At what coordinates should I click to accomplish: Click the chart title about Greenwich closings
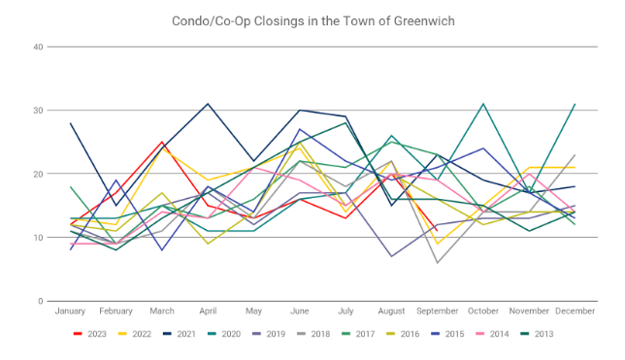(x=312, y=20)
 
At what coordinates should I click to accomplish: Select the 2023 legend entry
(x=90, y=334)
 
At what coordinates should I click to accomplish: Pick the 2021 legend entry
(x=180, y=334)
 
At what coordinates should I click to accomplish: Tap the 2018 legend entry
(x=313, y=334)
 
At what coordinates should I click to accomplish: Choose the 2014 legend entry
(x=492, y=334)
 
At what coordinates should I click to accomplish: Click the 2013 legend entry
(x=537, y=334)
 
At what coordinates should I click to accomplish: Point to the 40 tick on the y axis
(x=38, y=47)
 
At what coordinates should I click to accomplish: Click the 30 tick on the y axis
(x=38, y=111)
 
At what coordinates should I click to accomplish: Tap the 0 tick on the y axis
(x=40, y=302)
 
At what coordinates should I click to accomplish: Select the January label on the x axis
(x=70, y=311)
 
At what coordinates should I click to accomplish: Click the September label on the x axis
(x=438, y=311)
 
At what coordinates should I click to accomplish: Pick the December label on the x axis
(x=576, y=311)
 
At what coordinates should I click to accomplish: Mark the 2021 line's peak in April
(x=208, y=104)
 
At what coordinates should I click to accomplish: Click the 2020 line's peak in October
(x=483, y=104)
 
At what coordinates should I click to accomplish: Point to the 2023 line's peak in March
(x=162, y=142)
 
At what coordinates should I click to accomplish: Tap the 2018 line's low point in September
(x=438, y=263)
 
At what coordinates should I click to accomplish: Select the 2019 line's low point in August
(x=391, y=256)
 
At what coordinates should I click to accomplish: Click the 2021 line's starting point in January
(x=70, y=123)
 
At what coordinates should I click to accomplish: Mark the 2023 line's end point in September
(x=438, y=231)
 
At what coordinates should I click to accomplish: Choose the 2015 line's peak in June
(x=300, y=129)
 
